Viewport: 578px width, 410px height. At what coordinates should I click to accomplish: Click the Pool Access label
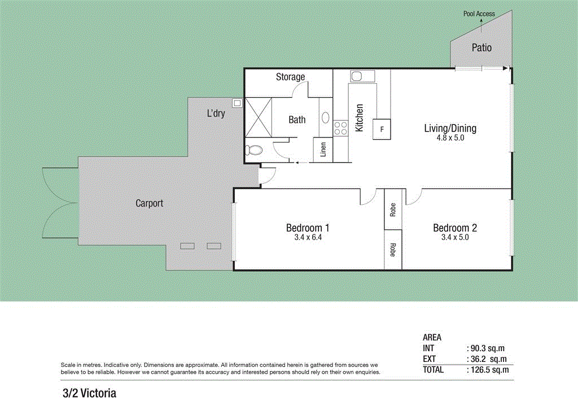pos(479,14)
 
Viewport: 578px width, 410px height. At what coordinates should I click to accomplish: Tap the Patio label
pos(481,48)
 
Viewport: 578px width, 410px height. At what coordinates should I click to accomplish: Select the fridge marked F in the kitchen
pos(382,130)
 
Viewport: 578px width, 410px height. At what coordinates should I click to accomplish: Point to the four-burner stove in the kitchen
pos(340,128)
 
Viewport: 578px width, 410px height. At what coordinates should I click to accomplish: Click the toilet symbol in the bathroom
pos(254,150)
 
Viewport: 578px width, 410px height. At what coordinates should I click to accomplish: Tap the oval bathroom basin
pos(325,118)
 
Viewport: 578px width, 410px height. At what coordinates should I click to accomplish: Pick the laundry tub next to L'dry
pos(237,103)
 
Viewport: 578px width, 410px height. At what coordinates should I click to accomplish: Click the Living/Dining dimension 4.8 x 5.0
pos(450,137)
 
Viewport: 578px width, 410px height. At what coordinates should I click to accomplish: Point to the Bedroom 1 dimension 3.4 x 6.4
pos(308,238)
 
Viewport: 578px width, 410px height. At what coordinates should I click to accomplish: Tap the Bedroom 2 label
pos(455,228)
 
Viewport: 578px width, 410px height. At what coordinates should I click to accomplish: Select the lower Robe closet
pos(393,249)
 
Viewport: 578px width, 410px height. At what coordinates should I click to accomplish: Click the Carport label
pos(149,203)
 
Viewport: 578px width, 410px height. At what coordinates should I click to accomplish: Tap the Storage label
pos(290,77)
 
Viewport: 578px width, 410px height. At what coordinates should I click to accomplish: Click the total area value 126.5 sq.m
pos(488,370)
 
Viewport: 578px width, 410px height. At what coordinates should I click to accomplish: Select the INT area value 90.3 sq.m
pos(488,348)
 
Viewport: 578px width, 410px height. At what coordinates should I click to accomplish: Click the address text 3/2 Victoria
pos(89,392)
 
